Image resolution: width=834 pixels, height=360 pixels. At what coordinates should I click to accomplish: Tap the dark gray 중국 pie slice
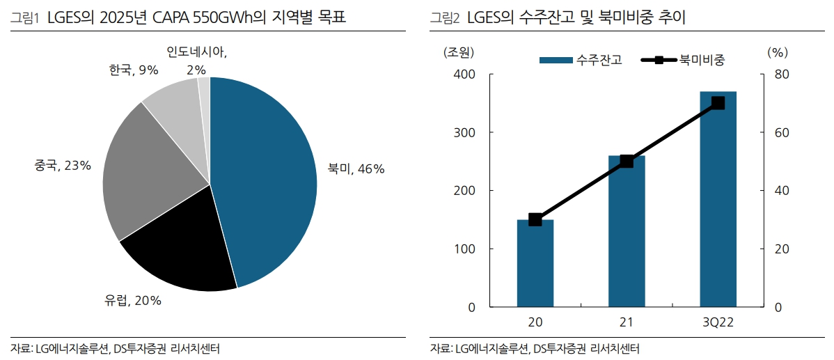[143, 174]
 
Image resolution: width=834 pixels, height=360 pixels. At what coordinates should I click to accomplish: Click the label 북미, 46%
[356, 169]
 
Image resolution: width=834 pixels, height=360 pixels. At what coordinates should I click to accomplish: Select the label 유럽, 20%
[133, 301]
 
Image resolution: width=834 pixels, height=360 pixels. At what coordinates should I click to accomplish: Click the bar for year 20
[535, 265]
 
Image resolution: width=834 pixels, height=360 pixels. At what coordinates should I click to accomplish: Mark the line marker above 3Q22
[718, 103]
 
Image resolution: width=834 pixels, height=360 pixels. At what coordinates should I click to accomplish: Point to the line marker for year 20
[535, 219]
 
